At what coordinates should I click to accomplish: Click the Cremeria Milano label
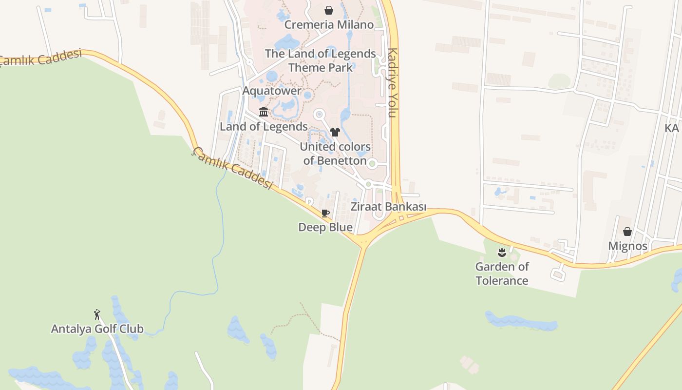[329, 25]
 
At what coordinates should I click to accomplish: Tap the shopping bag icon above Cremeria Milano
[329, 10]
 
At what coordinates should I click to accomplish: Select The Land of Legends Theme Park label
[321, 60]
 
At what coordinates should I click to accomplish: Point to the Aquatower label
[272, 91]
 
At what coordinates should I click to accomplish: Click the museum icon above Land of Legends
[264, 112]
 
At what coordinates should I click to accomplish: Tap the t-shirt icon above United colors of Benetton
[335, 132]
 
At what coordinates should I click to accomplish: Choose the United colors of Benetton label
[335, 154]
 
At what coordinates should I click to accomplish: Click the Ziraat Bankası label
[388, 207]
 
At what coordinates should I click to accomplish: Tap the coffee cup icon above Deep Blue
[325, 213]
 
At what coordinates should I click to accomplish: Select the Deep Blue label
[325, 228]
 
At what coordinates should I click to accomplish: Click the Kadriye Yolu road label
[393, 83]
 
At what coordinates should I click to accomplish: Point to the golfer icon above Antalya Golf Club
[97, 314]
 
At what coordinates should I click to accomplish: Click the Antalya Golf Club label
[97, 329]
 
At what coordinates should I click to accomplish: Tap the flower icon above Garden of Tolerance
[502, 252]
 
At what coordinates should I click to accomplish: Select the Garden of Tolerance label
[502, 273]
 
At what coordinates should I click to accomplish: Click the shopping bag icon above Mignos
[627, 232]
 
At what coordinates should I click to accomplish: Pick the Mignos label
[627, 246]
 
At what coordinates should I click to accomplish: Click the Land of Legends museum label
[264, 127]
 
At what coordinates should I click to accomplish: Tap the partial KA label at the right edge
[672, 128]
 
